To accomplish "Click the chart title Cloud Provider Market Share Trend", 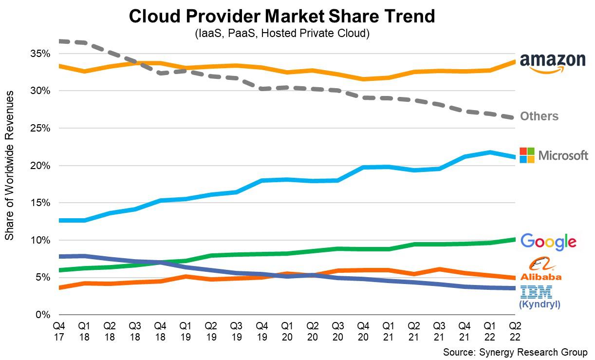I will [281, 17].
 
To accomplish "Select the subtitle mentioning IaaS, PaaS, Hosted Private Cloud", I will [282, 34].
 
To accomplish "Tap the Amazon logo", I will [553, 62].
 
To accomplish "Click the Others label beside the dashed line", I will [539, 116].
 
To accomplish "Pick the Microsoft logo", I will [554, 155].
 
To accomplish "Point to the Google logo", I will [548, 242].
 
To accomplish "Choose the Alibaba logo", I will [540, 269].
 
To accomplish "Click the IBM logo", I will [536, 292].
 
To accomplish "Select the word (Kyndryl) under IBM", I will [539, 304].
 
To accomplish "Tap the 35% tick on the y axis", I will [41, 54].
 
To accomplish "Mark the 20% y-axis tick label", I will [41, 166].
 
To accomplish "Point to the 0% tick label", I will [43, 315].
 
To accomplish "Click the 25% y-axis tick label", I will [41, 128].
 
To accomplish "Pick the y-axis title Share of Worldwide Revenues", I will [9, 166].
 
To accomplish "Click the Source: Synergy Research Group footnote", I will [515, 352].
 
